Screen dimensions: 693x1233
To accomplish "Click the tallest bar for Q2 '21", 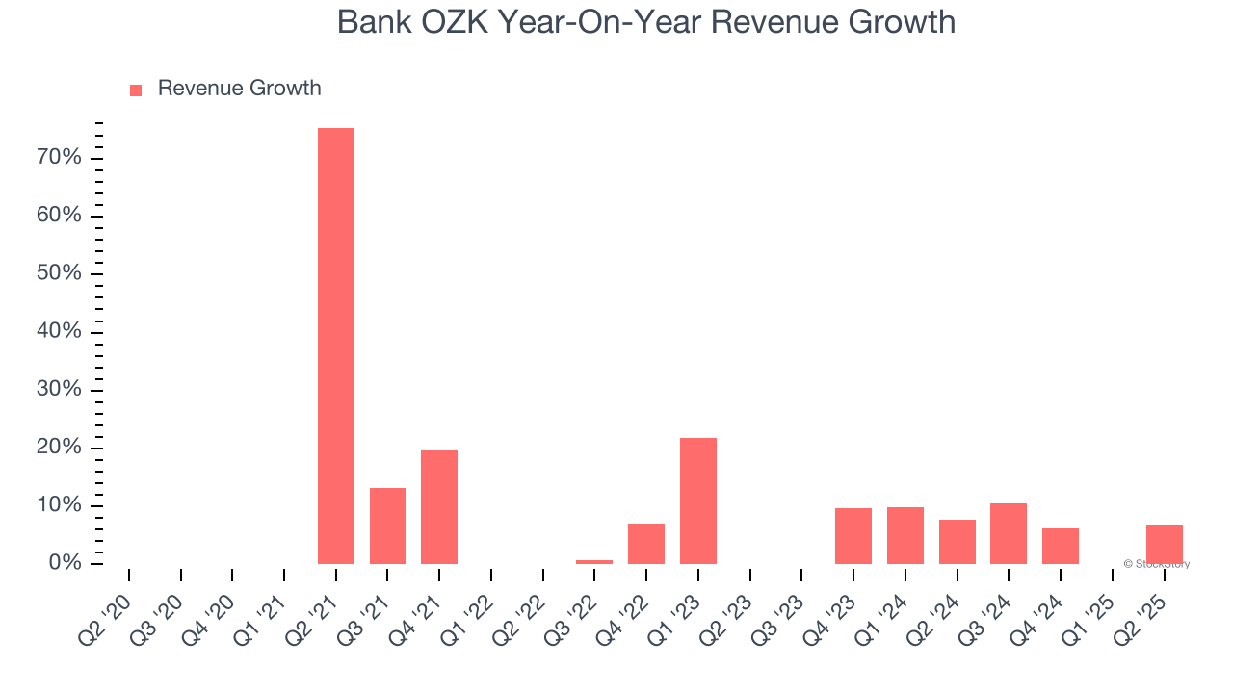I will (x=336, y=346).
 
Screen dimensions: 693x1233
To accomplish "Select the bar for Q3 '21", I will (x=387, y=526).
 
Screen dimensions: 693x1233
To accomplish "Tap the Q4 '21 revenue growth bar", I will (x=439, y=507).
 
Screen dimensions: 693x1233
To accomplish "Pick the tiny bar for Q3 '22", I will (x=594, y=561).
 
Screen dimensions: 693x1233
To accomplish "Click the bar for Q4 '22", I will (x=646, y=544).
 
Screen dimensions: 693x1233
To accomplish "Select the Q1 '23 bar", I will (x=698, y=500).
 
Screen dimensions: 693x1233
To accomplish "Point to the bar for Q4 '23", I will (x=853, y=536).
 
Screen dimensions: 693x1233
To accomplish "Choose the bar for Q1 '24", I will (x=905, y=535).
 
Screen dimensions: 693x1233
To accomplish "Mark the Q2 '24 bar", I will (x=958, y=542).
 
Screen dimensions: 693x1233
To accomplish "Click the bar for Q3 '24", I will (x=1009, y=533).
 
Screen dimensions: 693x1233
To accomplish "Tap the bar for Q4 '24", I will (x=1061, y=546).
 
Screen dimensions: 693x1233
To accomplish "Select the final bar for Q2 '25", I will (x=1165, y=544).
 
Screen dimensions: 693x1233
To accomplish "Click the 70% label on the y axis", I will (x=59, y=157).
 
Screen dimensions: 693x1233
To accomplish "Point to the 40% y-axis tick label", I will (x=59, y=332).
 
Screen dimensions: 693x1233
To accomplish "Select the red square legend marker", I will (x=136, y=90).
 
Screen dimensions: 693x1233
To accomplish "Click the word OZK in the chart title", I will (x=455, y=22).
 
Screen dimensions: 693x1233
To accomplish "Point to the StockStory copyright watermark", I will (x=1156, y=564).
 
